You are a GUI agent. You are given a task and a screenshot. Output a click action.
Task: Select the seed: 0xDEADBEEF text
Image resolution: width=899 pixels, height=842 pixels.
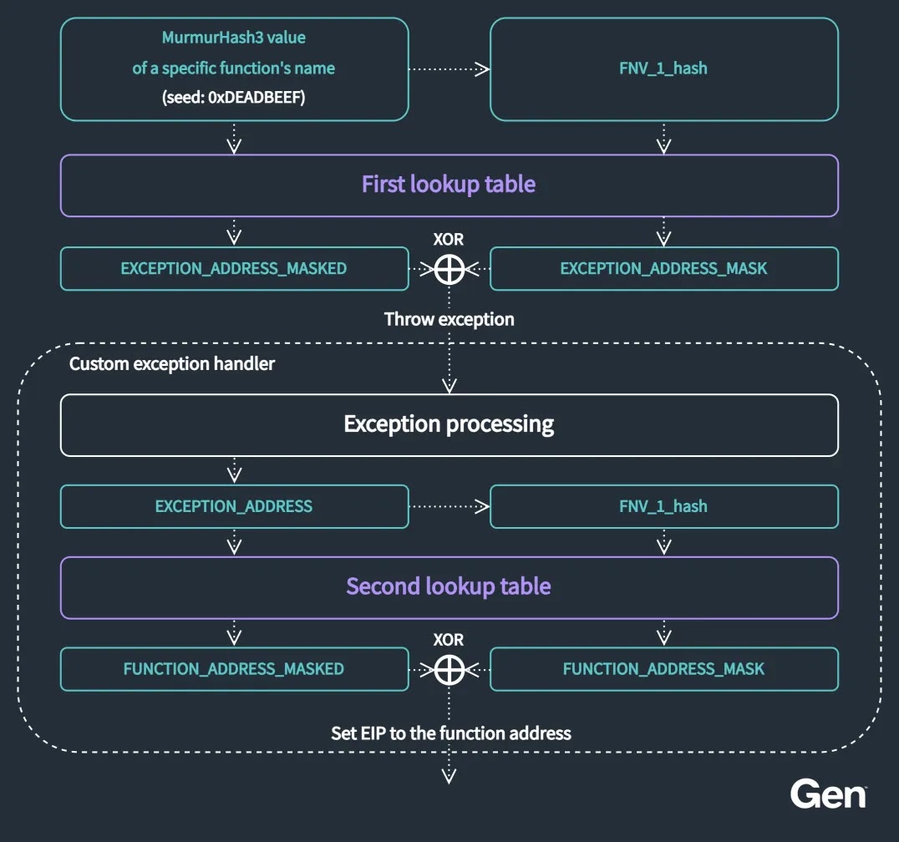click(x=234, y=98)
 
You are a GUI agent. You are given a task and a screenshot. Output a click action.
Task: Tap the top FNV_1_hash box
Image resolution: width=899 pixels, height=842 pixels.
click(x=663, y=68)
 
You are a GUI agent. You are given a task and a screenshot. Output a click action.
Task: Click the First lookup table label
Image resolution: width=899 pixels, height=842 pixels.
click(x=449, y=185)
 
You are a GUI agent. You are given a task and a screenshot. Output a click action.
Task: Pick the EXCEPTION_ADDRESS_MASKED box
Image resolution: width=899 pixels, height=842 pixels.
click(x=234, y=269)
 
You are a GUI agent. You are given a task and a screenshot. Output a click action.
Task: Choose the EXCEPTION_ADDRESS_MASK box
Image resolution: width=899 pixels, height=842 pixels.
click(x=663, y=269)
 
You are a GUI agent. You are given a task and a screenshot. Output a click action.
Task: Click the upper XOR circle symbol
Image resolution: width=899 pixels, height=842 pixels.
click(x=450, y=269)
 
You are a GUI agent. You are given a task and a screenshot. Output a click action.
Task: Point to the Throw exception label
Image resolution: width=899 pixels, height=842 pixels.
click(x=449, y=319)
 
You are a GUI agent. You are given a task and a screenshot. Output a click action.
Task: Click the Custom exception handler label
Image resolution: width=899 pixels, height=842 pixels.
click(x=172, y=364)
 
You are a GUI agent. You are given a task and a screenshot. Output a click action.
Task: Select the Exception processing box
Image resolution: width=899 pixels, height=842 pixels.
click(x=449, y=424)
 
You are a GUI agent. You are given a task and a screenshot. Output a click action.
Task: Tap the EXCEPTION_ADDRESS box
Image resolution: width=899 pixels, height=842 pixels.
click(x=234, y=506)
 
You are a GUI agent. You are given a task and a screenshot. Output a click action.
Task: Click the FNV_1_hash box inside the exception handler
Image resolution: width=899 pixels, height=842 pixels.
click(x=663, y=506)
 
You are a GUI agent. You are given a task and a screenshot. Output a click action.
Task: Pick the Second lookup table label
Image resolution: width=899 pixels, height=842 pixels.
click(x=449, y=586)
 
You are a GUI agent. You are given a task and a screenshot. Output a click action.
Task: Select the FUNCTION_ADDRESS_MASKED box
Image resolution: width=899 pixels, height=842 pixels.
click(x=234, y=669)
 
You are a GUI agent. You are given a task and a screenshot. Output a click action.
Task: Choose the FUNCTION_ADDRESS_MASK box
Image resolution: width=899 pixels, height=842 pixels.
click(x=663, y=669)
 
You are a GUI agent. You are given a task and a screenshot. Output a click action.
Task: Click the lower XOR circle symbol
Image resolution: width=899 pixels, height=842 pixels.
click(x=450, y=669)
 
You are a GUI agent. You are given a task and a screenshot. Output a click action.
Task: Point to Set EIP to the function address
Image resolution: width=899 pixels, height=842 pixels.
click(x=451, y=733)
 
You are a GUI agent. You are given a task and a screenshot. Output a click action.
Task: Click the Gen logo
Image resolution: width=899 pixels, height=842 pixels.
click(x=828, y=794)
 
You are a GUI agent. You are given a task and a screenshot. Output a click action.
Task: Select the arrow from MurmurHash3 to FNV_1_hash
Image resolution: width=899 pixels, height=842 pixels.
click(x=449, y=69)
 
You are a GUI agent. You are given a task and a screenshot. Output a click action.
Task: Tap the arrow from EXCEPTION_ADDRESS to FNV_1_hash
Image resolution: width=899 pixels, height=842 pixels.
click(x=449, y=506)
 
